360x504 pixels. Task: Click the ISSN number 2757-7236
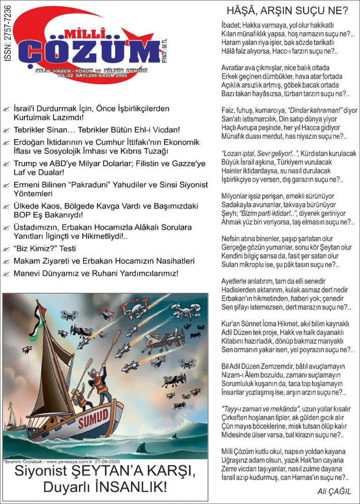[x=8, y=37]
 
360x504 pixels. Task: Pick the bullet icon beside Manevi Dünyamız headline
[x=6, y=273]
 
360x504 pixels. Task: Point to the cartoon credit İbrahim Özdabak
[x=21, y=461]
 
